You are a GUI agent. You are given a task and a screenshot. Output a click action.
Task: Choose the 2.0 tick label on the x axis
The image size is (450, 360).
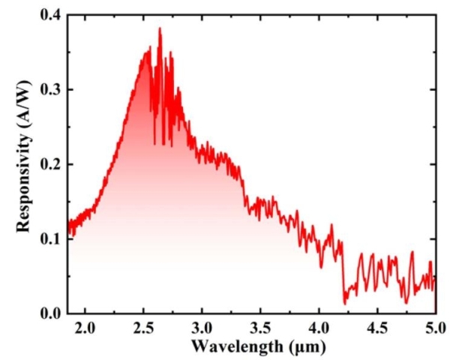pyautogui.click(x=85, y=327)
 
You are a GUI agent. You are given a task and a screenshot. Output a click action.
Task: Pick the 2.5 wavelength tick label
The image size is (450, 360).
pyautogui.click(x=144, y=327)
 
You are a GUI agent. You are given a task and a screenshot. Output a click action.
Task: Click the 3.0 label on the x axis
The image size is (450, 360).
pyautogui.click(x=202, y=327)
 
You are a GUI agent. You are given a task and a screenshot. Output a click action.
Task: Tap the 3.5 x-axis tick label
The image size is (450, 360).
pyautogui.click(x=261, y=327)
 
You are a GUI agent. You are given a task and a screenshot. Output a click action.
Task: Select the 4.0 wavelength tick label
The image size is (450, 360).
pyautogui.click(x=319, y=327)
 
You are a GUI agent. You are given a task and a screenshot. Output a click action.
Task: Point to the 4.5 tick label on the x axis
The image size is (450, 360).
pyautogui.click(x=377, y=327)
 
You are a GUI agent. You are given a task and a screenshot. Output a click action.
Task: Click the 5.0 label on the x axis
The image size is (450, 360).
pyautogui.click(x=435, y=327)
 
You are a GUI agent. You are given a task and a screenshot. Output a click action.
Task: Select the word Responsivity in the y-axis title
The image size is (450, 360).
pyautogui.click(x=24, y=184)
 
